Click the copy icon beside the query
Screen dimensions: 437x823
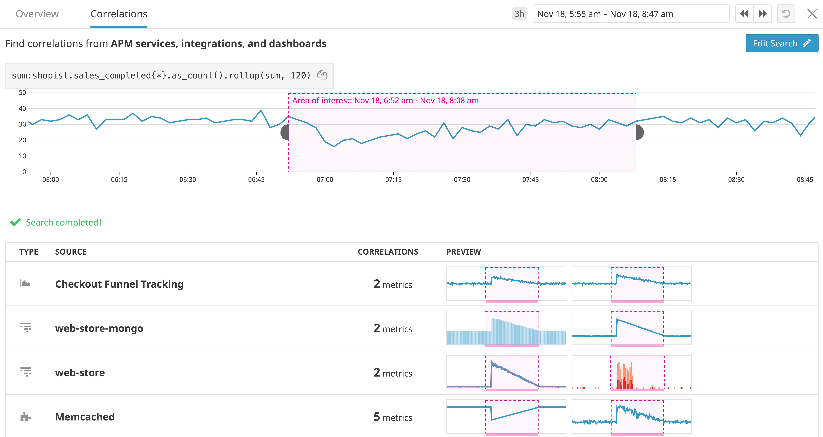(322, 75)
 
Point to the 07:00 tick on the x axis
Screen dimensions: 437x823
(325, 179)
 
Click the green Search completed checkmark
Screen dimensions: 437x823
(15, 222)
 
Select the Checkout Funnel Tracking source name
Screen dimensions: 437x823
(119, 284)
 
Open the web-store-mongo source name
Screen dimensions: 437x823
(99, 328)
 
